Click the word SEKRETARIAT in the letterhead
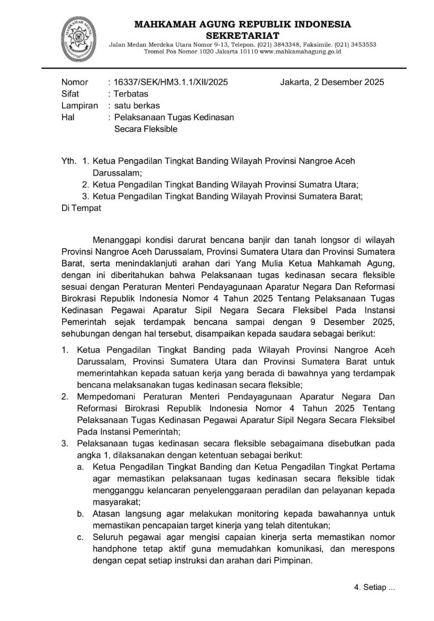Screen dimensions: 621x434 [x=243, y=35]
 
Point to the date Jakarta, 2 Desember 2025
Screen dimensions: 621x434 [x=332, y=82]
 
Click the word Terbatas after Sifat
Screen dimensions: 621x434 [x=130, y=94]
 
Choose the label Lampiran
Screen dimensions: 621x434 [x=79, y=105]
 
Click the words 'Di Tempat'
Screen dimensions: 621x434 [x=81, y=208]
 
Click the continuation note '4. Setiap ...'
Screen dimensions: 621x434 [x=374, y=588]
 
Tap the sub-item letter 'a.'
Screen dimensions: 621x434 [x=81, y=467]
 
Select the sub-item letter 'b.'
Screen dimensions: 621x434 [x=81, y=514]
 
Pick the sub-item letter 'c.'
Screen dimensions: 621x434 [x=81, y=537]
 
